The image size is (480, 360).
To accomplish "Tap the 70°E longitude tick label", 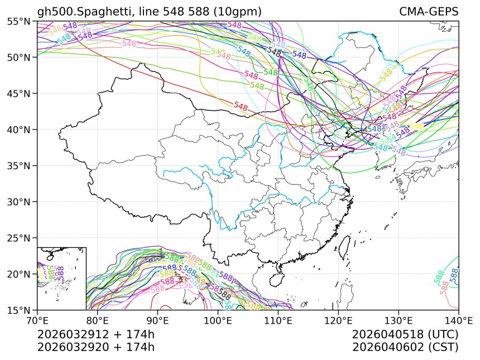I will pyautogui.click(x=37, y=321).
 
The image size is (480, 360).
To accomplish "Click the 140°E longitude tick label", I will pyautogui.click(x=458, y=321).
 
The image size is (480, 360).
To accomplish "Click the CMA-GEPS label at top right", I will pyautogui.click(x=429, y=12).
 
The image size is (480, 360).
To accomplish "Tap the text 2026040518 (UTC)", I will pyautogui.click(x=405, y=334).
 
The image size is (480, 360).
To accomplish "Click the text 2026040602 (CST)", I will pyautogui.click(x=405, y=347).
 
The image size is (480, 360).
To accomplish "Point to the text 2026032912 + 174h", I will pyautogui.click(x=95, y=334).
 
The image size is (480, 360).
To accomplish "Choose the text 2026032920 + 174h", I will pyautogui.click(x=95, y=347).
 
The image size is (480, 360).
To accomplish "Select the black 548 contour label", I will pyautogui.click(x=274, y=51).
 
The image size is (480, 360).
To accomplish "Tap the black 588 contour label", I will pyautogui.click(x=224, y=294).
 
